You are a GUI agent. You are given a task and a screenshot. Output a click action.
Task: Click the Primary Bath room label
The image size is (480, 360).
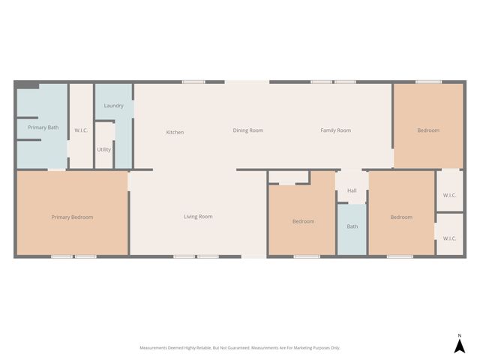pyautogui.click(x=43, y=127)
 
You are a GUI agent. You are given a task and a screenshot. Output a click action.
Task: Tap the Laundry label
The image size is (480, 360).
pyautogui.click(x=114, y=106)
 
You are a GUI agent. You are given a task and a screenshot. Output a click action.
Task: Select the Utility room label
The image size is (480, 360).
pyautogui.click(x=103, y=149)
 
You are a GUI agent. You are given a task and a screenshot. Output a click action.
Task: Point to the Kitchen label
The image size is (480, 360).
pyautogui.click(x=175, y=132)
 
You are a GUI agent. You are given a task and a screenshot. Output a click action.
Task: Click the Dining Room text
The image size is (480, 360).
pyautogui.click(x=247, y=130)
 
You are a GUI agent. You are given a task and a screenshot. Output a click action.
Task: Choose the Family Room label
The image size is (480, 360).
pyautogui.click(x=335, y=130)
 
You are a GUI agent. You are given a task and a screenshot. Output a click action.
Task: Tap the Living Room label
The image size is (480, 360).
pyautogui.click(x=198, y=217)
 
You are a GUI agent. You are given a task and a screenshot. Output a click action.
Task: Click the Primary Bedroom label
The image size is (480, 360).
pyautogui.click(x=72, y=217)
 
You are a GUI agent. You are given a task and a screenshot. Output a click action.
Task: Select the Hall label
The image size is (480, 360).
pyautogui.click(x=352, y=190)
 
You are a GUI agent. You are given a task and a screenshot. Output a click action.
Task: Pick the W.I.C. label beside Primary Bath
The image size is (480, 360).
pyautogui.click(x=81, y=130)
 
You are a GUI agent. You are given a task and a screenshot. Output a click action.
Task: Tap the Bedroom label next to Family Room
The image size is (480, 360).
pyautogui.click(x=428, y=130)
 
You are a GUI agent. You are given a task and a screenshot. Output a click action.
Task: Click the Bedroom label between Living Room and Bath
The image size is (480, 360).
pyautogui.click(x=303, y=221)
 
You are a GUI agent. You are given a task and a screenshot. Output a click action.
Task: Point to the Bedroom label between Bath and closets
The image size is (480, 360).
pyautogui.click(x=401, y=217)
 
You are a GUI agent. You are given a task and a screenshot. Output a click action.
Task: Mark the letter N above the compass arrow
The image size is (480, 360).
pyautogui.click(x=460, y=334)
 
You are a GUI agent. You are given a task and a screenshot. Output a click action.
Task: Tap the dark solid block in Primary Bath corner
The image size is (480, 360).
pyautogui.click(x=28, y=85)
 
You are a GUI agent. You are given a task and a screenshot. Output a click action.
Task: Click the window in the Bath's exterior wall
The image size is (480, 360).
pyautogui.click(x=352, y=257)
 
